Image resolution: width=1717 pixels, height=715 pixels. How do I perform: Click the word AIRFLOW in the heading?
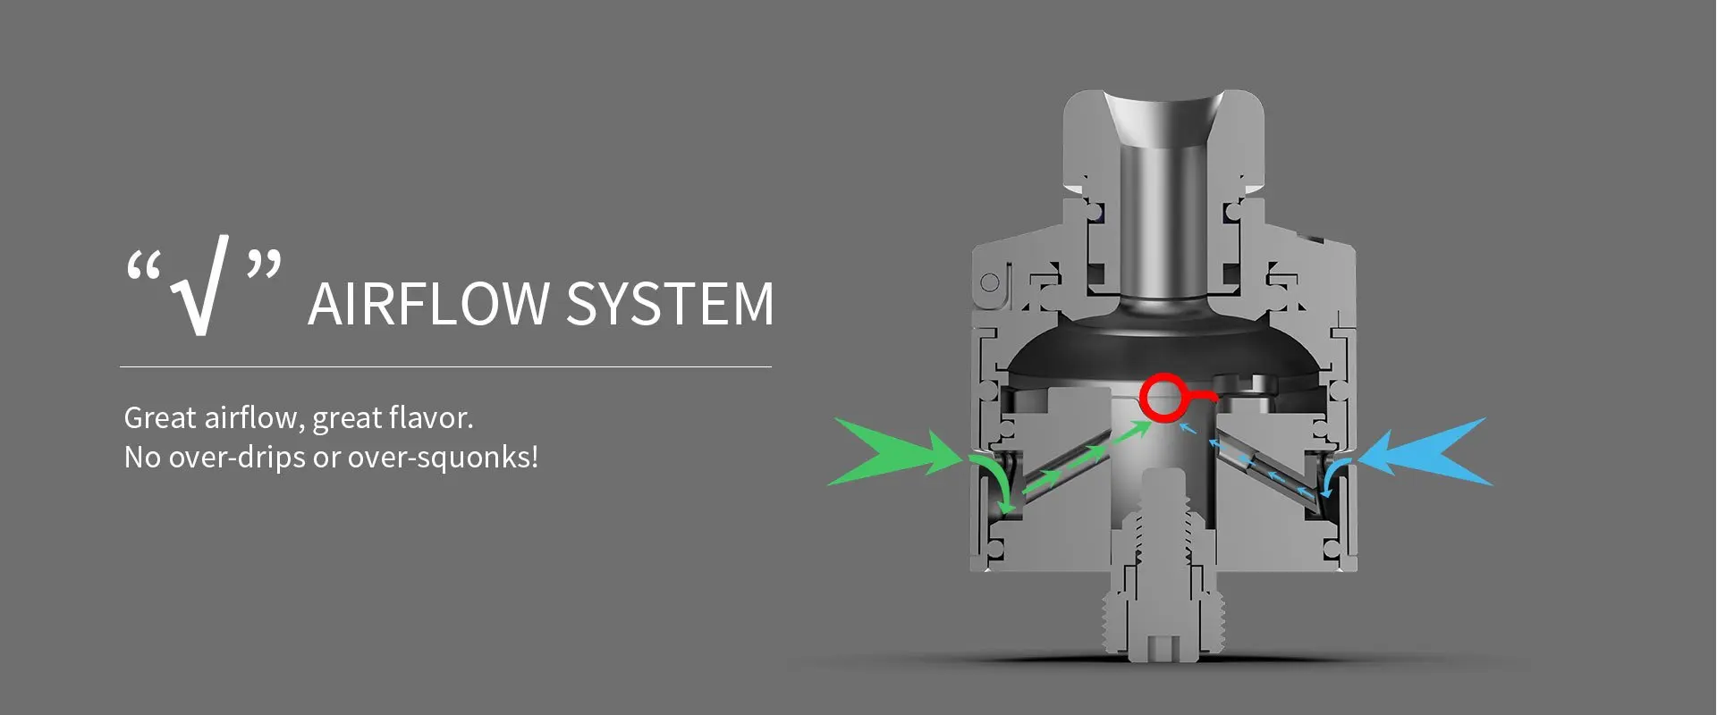[x=428, y=304]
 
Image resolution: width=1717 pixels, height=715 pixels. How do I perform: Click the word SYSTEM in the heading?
[x=670, y=304]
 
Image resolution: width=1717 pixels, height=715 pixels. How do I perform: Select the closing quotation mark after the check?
[x=264, y=265]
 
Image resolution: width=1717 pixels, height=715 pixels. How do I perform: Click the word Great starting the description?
[x=160, y=418]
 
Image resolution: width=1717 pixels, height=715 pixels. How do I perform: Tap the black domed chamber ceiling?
[x=1163, y=344]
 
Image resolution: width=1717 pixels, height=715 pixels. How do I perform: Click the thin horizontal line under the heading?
[x=445, y=366]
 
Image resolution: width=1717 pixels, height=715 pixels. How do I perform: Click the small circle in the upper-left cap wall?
[x=990, y=283]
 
